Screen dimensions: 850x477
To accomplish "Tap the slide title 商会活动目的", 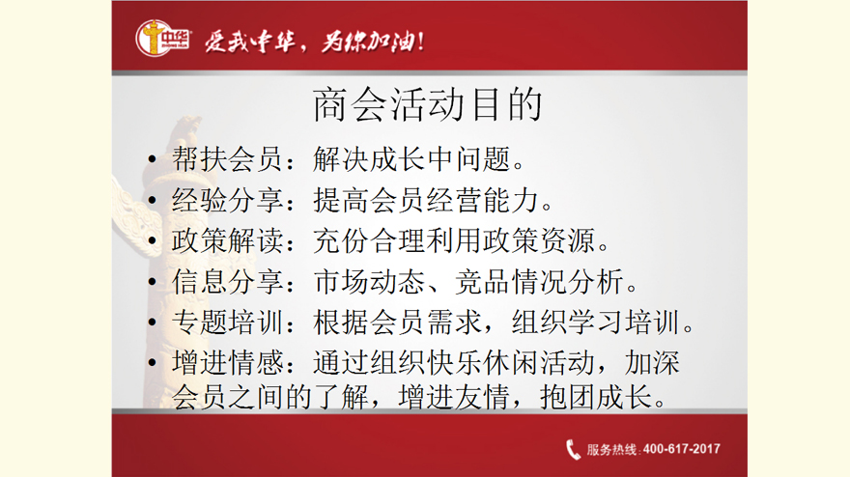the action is (x=428, y=104).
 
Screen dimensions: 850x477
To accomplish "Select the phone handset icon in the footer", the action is (x=573, y=449).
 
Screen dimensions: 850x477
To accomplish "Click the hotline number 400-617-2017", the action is (x=681, y=449).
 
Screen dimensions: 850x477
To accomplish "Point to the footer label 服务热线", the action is (x=610, y=449).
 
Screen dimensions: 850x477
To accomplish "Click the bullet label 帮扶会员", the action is (x=227, y=159).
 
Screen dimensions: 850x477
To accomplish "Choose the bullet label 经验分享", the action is (x=227, y=200).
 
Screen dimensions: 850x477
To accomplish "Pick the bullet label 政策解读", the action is (x=227, y=240).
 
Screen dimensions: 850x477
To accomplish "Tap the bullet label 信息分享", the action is (x=227, y=282).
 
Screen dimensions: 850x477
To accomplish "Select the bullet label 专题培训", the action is (x=227, y=322).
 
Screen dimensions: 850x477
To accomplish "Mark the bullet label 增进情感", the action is (x=227, y=363).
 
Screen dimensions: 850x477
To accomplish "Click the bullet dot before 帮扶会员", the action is (x=152, y=159).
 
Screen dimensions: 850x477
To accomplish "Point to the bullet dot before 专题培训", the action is (x=152, y=322).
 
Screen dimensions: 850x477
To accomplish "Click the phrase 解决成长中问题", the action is (x=411, y=159).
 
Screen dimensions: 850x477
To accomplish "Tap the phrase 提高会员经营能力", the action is (x=426, y=200).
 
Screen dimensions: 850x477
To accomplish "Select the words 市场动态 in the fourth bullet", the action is (x=369, y=282).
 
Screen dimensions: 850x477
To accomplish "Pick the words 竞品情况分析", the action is (x=539, y=282).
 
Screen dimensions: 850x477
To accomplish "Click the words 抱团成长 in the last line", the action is (x=595, y=397).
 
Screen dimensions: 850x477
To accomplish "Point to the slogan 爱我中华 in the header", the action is (x=250, y=41).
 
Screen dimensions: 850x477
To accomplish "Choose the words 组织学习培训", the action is (x=595, y=322).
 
